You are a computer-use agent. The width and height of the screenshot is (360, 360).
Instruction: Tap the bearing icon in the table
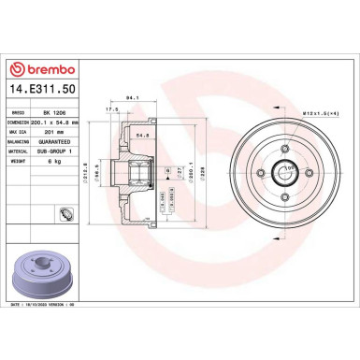click(x=66, y=218)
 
